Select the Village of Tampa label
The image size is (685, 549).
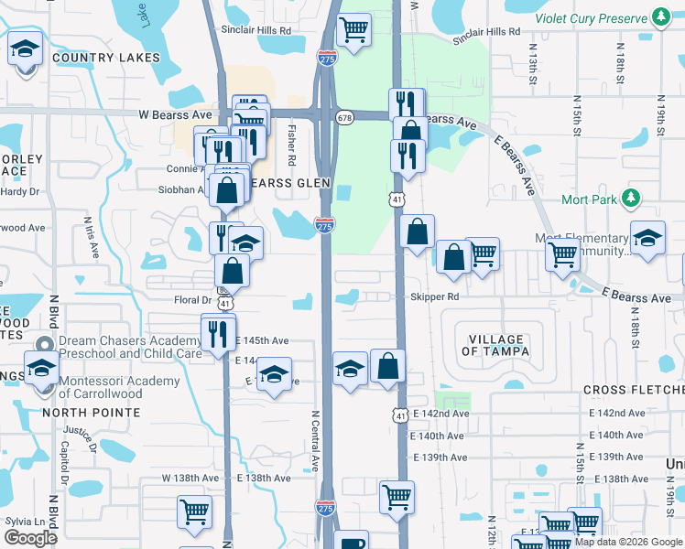coord(496,344)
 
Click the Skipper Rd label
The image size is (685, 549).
coord(434,297)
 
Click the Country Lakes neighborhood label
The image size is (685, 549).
coord(101,58)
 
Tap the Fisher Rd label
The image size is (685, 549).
coord(292,145)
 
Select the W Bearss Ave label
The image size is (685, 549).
coord(175,115)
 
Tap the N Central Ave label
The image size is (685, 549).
coord(314,439)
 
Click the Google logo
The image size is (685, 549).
coord(31,537)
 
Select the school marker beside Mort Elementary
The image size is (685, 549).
coord(647,240)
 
